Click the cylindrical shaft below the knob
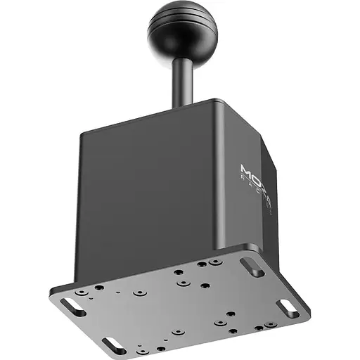click(181, 81)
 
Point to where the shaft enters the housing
click(182, 105)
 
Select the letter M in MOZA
click(246, 169)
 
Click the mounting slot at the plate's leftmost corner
click(72, 307)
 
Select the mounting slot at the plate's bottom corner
click(114, 345)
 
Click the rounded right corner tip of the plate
click(307, 310)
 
